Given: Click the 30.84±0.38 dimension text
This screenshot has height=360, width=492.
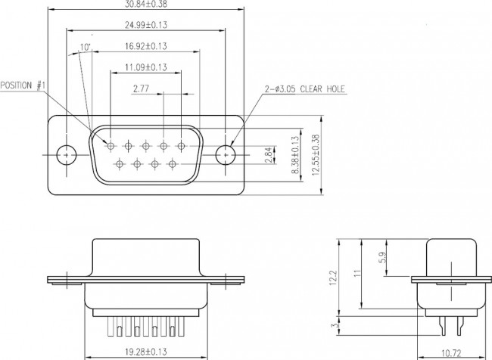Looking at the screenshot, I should point(145,5).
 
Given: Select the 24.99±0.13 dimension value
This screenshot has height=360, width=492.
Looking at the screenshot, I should point(145,25).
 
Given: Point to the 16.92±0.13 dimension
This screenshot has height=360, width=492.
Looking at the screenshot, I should point(145,46).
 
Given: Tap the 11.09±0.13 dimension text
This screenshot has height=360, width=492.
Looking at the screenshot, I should point(145,67).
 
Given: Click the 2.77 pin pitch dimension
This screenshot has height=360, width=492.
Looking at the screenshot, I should point(140,88).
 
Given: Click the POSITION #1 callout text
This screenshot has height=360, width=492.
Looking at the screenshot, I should point(23,85).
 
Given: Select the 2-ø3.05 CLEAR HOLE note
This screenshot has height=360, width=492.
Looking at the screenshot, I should point(304,89).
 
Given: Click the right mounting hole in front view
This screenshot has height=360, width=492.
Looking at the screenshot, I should point(225,154).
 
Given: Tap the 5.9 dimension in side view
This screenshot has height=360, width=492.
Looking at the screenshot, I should point(385,257).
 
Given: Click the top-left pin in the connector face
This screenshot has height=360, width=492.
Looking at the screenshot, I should point(111,145).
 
